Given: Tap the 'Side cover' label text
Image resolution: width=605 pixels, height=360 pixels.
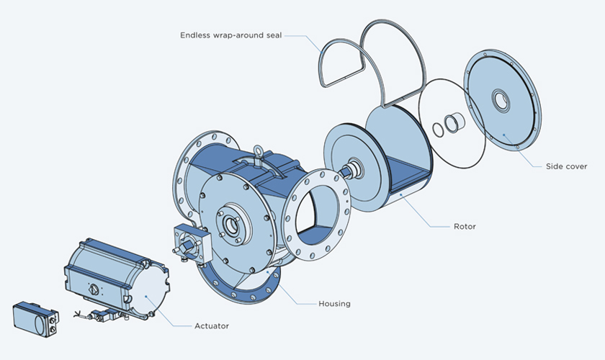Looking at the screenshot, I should pos(566,166).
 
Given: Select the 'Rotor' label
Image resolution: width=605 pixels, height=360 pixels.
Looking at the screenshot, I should pos(465,227).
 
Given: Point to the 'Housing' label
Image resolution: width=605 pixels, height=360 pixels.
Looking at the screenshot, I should pos(334,303).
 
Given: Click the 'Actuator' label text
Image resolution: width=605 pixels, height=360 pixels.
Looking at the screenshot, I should pos(211,326).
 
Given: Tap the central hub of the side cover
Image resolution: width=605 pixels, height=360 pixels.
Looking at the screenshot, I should pos(499,101).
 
